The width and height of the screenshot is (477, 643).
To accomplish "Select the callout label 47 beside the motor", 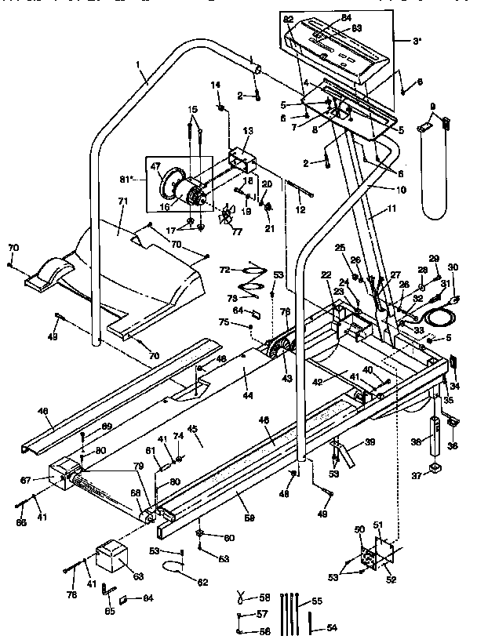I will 155,166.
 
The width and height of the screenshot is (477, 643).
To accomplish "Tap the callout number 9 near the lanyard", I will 432,107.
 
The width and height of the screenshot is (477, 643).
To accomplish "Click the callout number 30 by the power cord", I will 452,267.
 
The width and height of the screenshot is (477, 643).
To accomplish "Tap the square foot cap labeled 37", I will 435,472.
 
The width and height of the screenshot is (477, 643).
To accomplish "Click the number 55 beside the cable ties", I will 317,601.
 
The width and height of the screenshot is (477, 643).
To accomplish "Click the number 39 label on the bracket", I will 370,443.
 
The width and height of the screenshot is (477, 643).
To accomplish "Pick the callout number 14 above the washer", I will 215,85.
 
